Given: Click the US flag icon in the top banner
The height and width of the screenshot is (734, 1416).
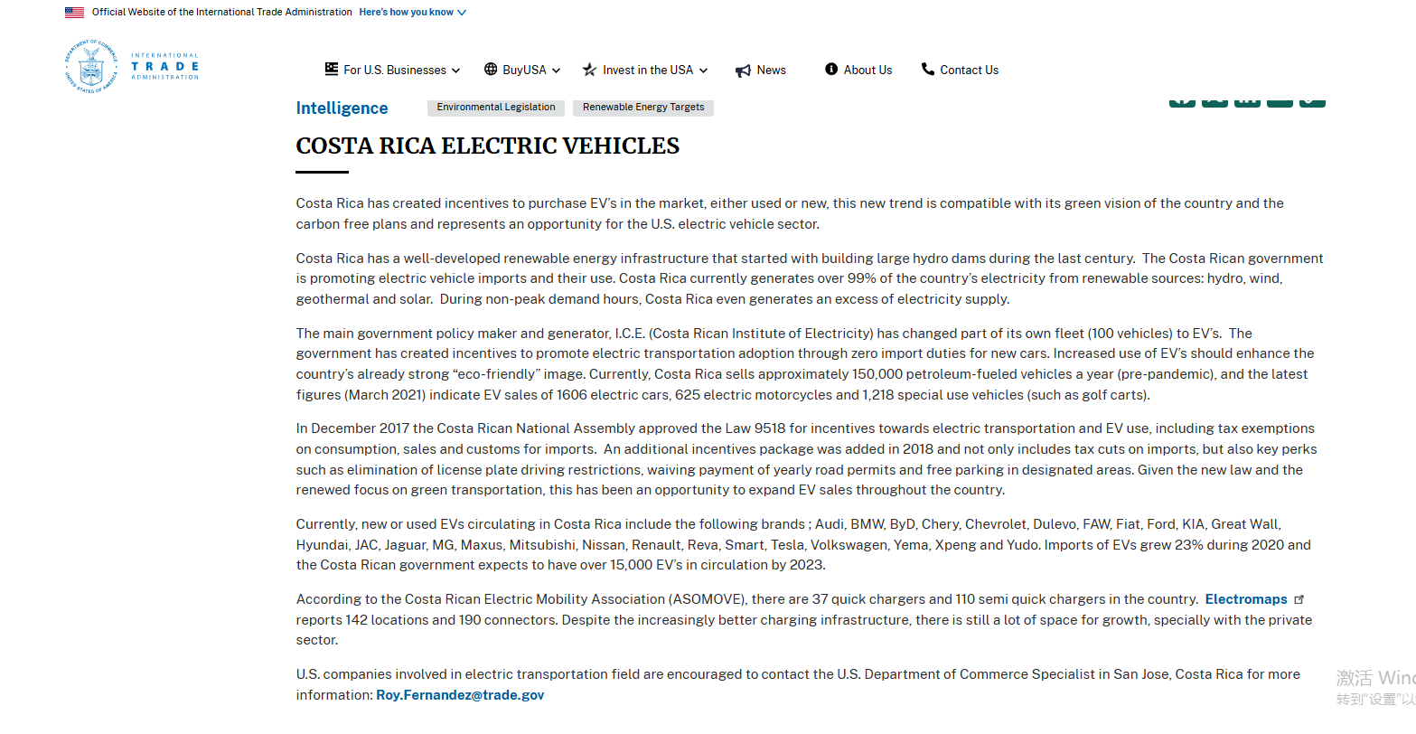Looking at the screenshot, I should (x=74, y=13).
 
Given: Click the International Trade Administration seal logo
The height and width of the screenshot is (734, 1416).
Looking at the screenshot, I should (x=91, y=66).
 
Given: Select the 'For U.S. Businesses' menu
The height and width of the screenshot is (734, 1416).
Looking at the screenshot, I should (x=393, y=71).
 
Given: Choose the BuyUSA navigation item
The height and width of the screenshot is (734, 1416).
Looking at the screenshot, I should (x=522, y=71).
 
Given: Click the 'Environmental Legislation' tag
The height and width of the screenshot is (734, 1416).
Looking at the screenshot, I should (x=496, y=108).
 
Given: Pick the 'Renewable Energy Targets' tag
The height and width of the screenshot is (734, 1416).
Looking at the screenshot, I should (x=643, y=108).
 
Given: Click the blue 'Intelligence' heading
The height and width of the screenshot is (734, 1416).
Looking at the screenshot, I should (x=342, y=108).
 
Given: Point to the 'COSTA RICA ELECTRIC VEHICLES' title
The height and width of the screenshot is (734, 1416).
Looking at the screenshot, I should (x=488, y=146).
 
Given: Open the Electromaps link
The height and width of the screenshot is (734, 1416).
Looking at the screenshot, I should (x=1246, y=599).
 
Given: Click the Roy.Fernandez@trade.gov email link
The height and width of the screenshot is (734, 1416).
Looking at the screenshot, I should (x=460, y=695).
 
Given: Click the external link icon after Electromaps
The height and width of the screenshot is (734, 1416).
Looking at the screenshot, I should (x=1299, y=599).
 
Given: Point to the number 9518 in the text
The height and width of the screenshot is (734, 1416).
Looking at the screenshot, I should (x=770, y=428).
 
